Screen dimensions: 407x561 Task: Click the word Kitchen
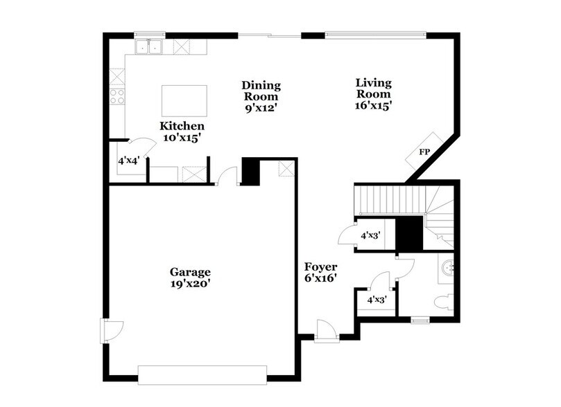(x=182, y=126)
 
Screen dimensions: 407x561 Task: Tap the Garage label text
(x=190, y=271)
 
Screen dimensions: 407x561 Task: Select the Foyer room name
(x=320, y=266)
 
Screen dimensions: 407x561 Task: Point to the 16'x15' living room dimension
(x=374, y=106)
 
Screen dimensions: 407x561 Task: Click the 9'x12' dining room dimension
(x=261, y=108)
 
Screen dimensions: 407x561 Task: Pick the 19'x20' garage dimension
(x=190, y=283)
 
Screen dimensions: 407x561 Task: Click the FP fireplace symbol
(x=423, y=152)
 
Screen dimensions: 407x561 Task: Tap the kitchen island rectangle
(x=184, y=101)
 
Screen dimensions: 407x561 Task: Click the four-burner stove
(x=116, y=96)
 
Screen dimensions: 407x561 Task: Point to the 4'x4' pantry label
(x=129, y=161)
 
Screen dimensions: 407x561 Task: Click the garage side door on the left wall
(x=109, y=330)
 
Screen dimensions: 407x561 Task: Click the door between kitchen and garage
(x=225, y=177)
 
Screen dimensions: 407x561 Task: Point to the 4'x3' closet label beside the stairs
(x=370, y=235)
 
